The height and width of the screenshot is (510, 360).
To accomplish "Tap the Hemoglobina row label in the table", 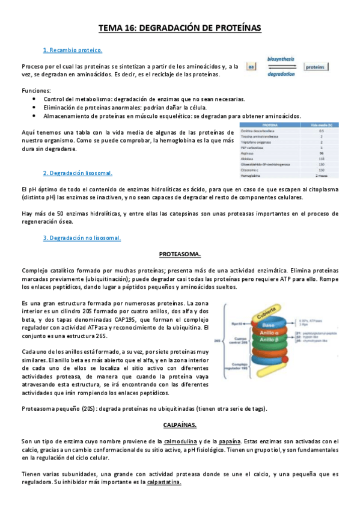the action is (252, 176).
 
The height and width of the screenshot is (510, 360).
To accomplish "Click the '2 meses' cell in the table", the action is (322, 176).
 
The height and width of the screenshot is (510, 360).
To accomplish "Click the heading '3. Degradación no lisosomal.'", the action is (82, 238).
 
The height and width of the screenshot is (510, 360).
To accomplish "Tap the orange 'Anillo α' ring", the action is (269, 335).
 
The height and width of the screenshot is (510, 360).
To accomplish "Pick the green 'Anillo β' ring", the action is (269, 345).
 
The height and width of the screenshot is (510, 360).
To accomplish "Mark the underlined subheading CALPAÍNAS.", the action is (180, 425).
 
